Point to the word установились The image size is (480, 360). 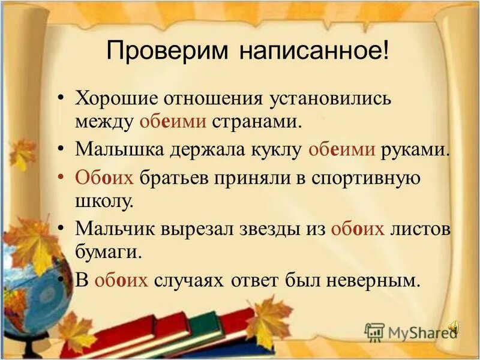(x=326, y=97)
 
